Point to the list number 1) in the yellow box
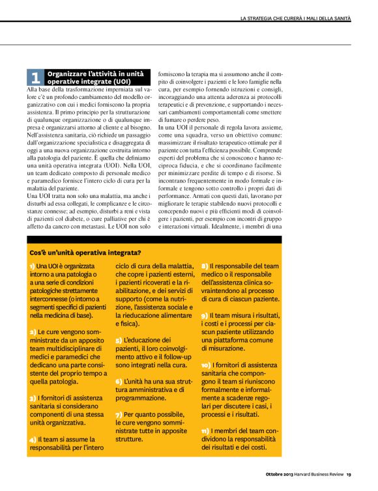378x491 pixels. point(32,267)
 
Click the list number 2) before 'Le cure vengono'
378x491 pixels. point(32,332)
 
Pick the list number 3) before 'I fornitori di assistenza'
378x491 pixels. point(32,397)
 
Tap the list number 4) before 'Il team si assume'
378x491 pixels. point(32,440)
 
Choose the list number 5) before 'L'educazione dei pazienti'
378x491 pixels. point(118,341)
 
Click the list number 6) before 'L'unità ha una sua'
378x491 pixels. point(118,380)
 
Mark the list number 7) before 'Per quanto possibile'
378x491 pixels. point(118,414)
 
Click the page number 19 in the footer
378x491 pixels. point(349,473)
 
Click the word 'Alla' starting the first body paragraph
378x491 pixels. point(32,89)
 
